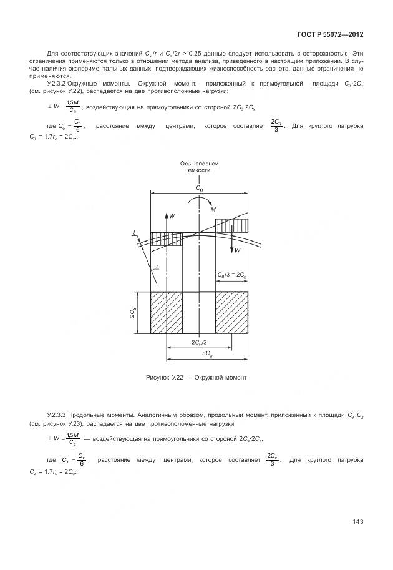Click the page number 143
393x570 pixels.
[357, 522]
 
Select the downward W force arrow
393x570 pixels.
[232, 240]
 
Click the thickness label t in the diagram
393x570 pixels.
[134, 233]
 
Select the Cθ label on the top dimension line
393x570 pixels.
[198, 187]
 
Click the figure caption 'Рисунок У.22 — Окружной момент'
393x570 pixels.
[196, 378]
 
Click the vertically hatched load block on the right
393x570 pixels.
[232, 224]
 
